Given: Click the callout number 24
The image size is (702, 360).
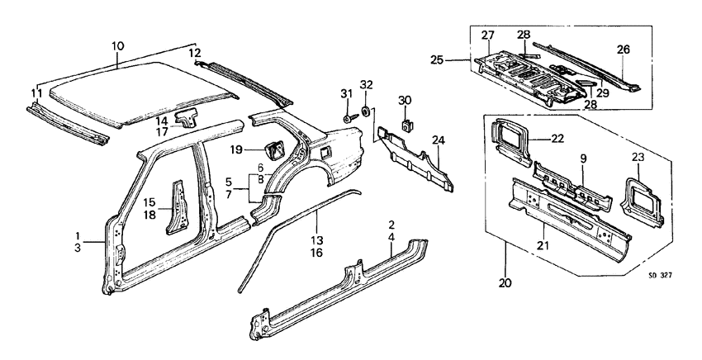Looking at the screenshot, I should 437,140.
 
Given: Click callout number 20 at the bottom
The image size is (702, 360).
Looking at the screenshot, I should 505,283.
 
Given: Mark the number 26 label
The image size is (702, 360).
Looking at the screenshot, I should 622,50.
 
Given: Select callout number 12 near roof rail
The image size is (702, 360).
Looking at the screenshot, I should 195,54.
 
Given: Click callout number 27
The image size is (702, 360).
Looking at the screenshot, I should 487,35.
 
